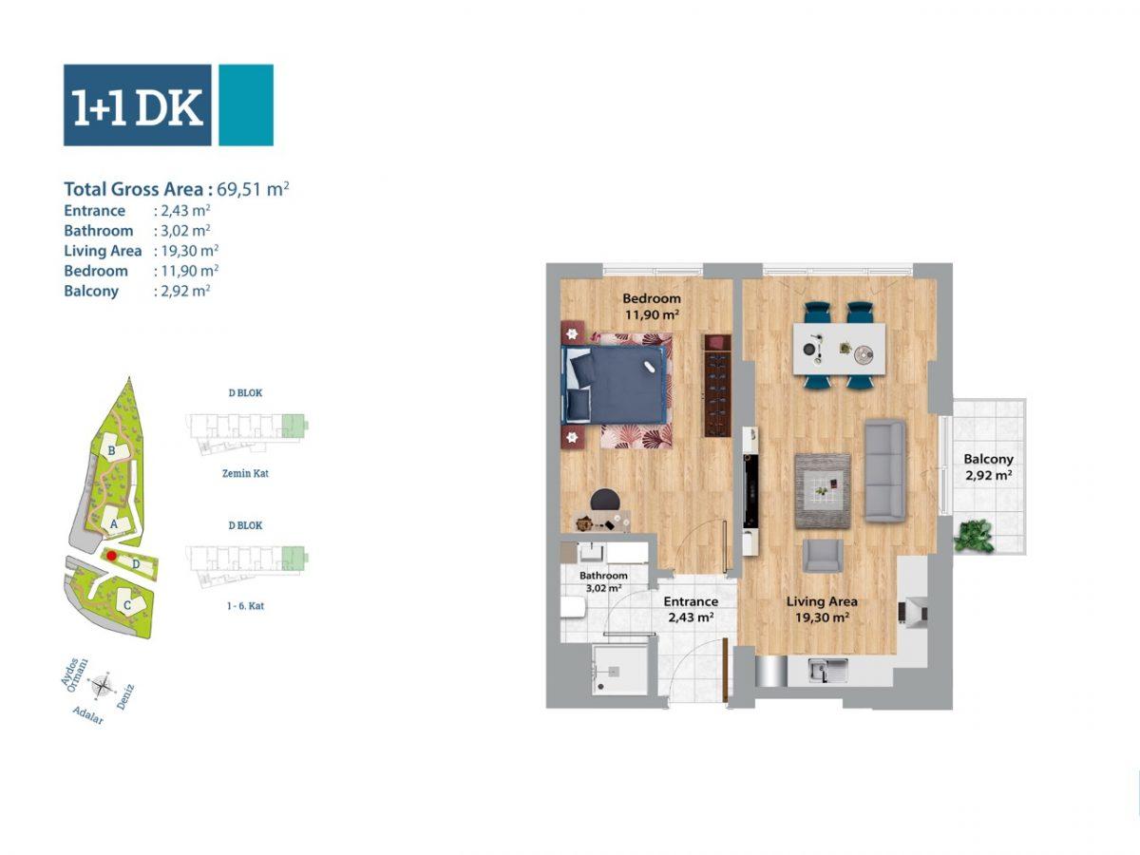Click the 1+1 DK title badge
[168, 104]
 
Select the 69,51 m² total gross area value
[253, 188]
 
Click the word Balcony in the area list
[91, 292]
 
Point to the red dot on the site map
[111, 556]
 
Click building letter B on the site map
[112, 450]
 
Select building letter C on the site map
[127, 605]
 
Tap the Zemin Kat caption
[245, 473]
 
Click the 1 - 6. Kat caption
[245, 606]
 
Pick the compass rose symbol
[103, 685]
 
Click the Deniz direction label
[125, 697]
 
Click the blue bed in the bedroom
[614, 384]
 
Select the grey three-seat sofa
[884, 470]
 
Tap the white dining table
[839, 349]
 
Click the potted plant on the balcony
[975, 536]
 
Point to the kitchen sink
[828, 670]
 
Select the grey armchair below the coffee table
[823, 556]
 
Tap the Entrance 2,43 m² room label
[691, 609]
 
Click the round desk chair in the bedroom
[605, 500]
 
